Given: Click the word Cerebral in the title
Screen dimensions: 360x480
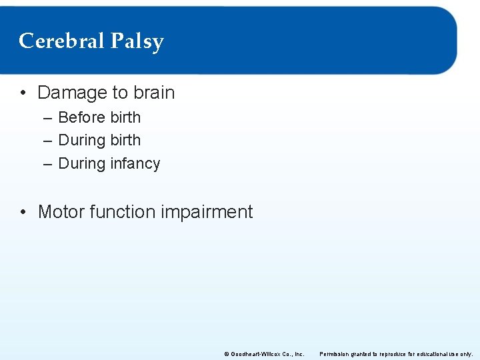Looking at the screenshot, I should (x=61, y=41).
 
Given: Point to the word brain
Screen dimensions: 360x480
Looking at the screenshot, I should (x=153, y=93).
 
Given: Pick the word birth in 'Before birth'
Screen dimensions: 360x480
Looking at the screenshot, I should (x=125, y=117).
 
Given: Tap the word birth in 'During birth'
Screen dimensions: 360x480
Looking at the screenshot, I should (x=125, y=141).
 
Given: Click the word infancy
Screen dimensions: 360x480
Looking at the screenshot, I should (x=135, y=164).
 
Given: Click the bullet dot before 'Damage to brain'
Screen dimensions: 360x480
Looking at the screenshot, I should (x=24, y=93).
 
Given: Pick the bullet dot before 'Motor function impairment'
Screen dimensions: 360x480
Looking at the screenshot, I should (x=24, y=213).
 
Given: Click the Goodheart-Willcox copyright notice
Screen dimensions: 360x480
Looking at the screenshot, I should (x=264, y=354).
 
